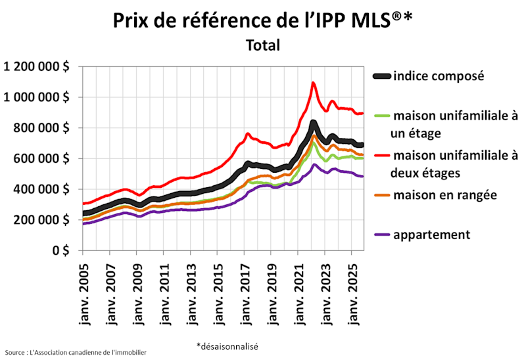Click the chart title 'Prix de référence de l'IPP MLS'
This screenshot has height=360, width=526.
(x=263, y=20)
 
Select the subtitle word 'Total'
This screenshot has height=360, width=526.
(x=263, y=45)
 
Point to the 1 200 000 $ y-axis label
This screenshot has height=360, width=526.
(x=37, y=66)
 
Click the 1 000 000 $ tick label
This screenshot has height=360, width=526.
(x=37, y=97)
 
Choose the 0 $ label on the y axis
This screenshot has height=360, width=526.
(x=63, y=250)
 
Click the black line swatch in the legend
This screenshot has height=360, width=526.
(x=382, y=76)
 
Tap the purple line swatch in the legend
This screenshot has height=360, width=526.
(x=382, y=235)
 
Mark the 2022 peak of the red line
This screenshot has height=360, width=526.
(x=314, y=83)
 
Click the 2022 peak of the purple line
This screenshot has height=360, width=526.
(x=314, y=165)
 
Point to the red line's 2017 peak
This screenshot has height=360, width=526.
(x=247, y=134)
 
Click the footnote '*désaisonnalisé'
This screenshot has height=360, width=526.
(x=227, y=346)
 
